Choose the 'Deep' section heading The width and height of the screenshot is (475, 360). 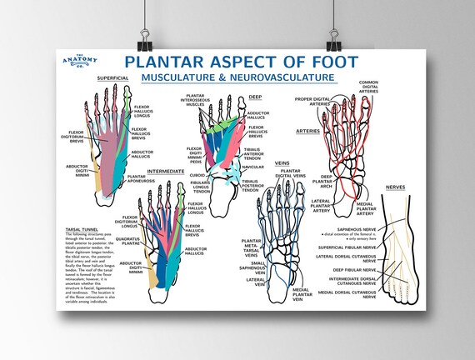[x=256, y=97]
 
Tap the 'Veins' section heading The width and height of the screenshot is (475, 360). [x=282, y=163]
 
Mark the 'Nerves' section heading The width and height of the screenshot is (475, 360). [x=396, y=187]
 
